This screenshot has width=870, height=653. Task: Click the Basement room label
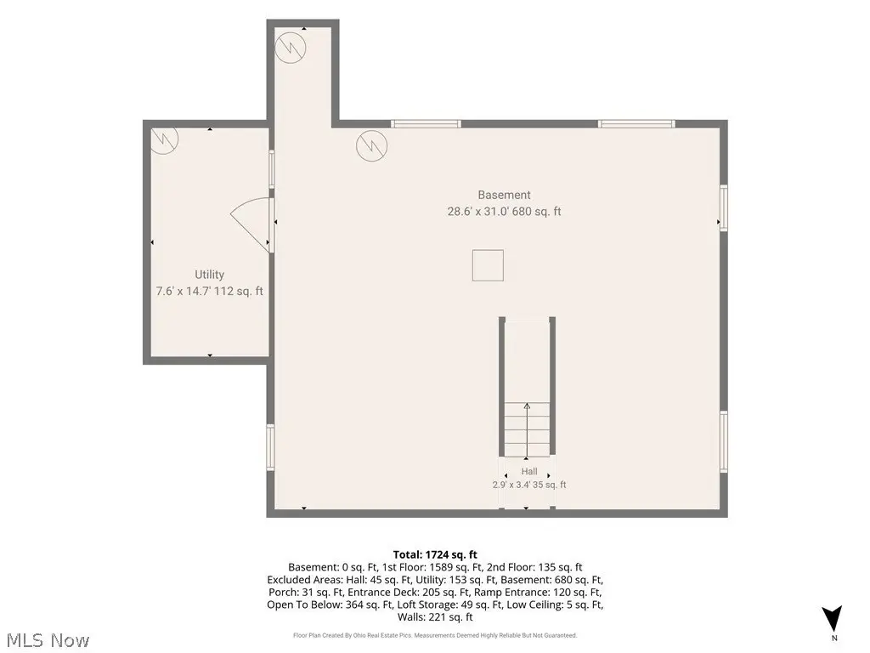click(x=504, y=195)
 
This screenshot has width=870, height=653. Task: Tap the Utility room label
click(x=209, y=275)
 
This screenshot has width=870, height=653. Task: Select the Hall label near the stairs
click(x=528, y=471)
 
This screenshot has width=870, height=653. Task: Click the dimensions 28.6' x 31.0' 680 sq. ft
click(x=504, y=212)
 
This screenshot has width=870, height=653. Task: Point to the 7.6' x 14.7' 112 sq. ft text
click(x=209, y=291)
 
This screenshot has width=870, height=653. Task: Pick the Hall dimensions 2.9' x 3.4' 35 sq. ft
click(x=528, y=485)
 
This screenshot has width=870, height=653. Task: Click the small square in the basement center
click(x=488, y=265)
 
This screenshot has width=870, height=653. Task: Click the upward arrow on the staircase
click(x=527, y=430)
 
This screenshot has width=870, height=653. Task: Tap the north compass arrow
click(x=832, y=618)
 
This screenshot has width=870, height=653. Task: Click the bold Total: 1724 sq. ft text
click(x=435, y=554)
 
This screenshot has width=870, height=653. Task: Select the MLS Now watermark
click(x=48, y=640)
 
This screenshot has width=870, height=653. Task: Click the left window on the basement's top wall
click(x=426, y=124)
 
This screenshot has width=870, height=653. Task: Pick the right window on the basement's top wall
click(x=636, y=124)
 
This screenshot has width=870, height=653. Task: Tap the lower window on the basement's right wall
click(x=724, y=441)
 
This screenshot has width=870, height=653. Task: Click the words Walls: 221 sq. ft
click(x=435, y=617)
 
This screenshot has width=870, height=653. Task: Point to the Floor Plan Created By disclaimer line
click(x=435, y=635)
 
